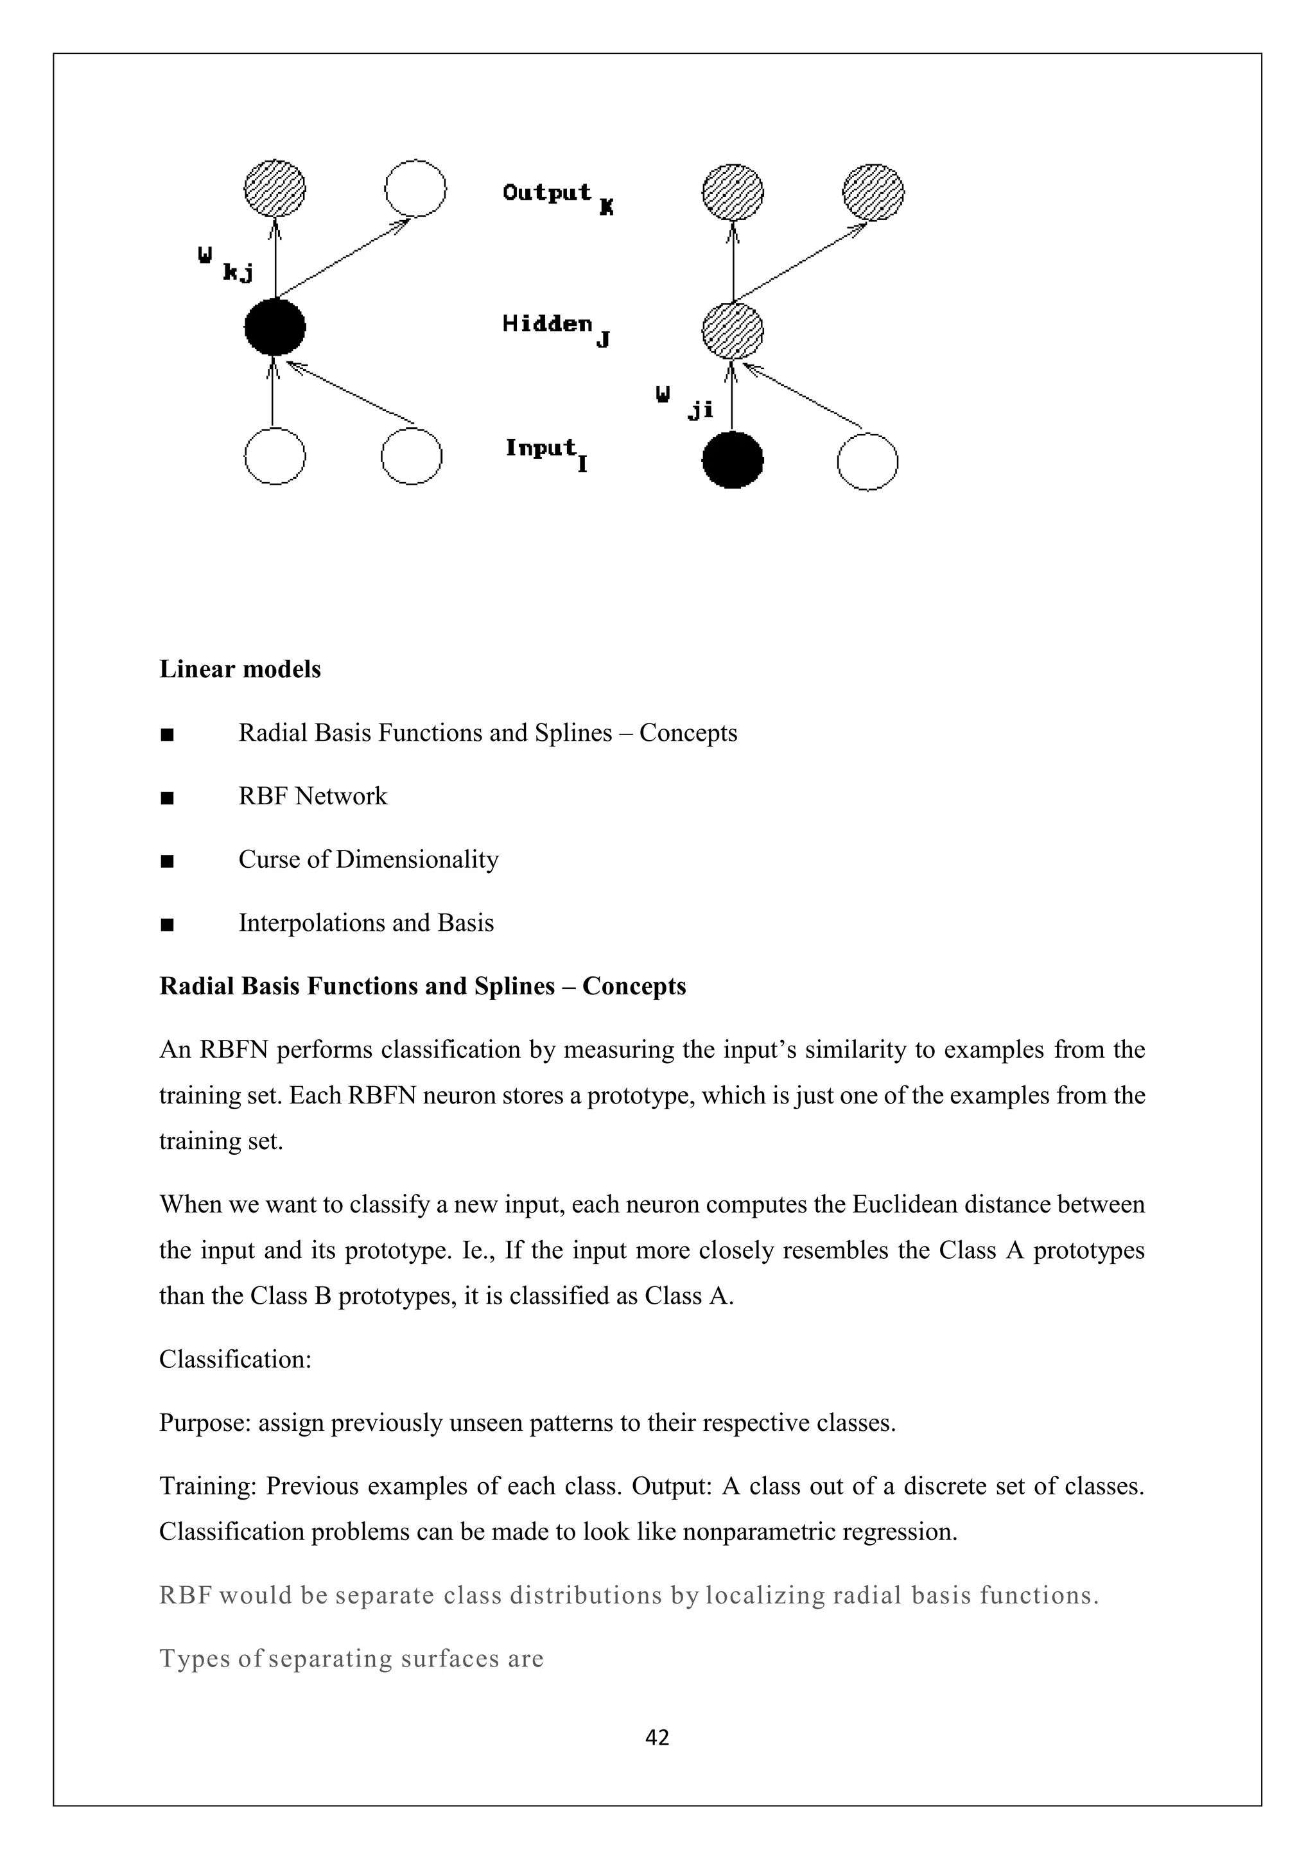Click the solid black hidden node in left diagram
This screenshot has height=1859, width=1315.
[x=275, y=327]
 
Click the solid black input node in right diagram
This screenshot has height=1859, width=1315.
[x=732, y=460]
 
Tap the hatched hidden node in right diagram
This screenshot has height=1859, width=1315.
[x=732, y=331]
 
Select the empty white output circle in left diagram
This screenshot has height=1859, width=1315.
[x=415, y=189]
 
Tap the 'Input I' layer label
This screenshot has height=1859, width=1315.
[x=546, y=452]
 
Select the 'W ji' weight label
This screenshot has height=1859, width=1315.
[x=684, y=402]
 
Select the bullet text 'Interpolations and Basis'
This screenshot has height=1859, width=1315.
[x=365, y=923]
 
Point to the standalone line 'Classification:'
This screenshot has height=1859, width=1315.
[x=235, y=1359]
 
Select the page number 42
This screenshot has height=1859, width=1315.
[x=657, y=1738]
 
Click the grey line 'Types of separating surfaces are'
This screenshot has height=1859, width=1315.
[x=351, y=1658]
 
